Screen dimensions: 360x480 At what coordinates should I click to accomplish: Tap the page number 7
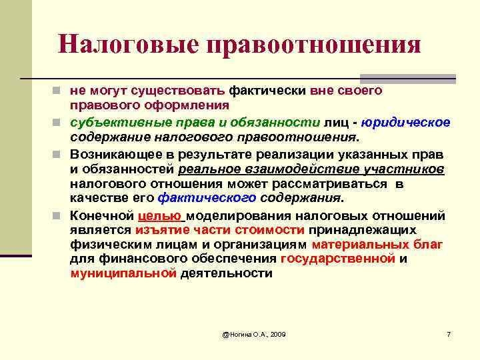coord(449,333)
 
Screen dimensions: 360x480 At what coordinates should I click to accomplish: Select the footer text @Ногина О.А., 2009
coord(254,333)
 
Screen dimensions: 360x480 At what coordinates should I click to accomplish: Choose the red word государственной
coord(338,259)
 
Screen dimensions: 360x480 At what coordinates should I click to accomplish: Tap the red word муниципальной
coord(123,273)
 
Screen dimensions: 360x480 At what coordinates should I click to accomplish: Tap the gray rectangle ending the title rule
coord(444,78)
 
